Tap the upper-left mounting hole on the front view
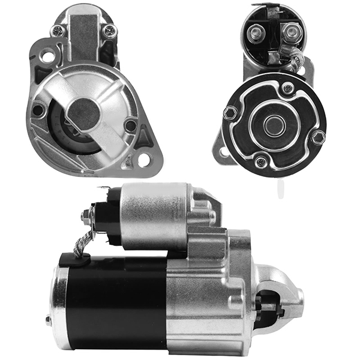click(x=47, y=57)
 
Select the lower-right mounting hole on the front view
click(x=143, y=160)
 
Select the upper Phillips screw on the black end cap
click(x=288, y=88)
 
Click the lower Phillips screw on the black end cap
click(x=260, y=162)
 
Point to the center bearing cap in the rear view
click(x=274, y=125)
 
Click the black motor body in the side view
click(x=114, y=300)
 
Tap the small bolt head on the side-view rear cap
click(x=49, y=320)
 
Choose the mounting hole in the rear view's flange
click(x=224, y=151)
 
